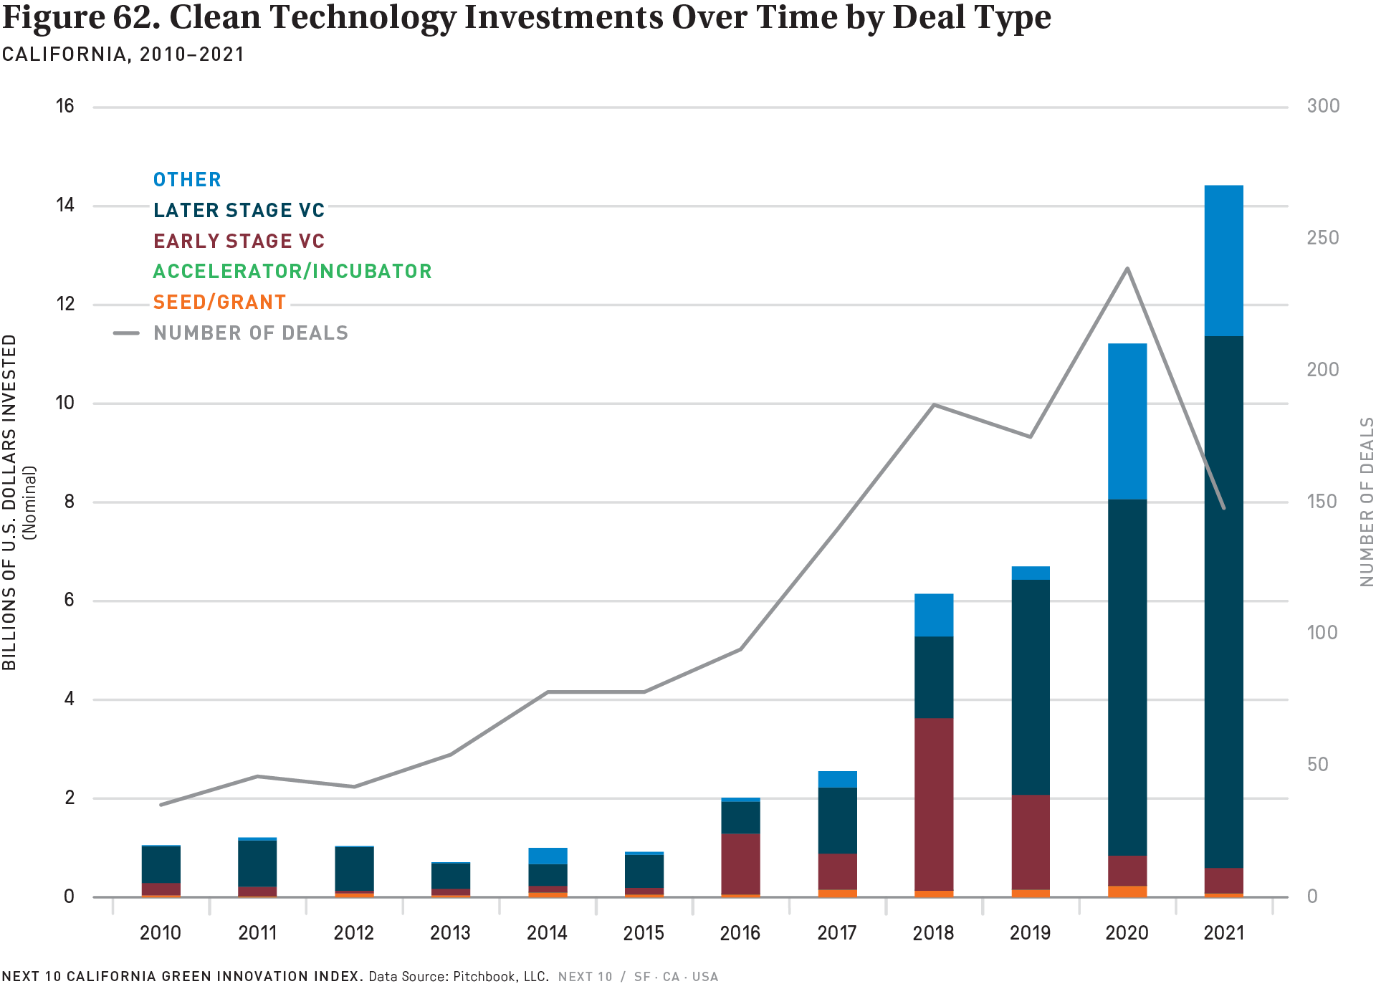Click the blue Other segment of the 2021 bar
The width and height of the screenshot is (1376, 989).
[1223, 260]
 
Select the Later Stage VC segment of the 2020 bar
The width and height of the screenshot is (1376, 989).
[1127, 677]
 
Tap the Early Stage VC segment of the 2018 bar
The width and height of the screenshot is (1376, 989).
[934, 804]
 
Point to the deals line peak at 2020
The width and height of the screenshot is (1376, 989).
[1127, 269]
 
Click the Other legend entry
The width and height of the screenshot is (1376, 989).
[187, 180]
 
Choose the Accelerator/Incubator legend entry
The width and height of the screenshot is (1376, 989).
[292, 272]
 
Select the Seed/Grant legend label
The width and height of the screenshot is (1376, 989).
[219, 302]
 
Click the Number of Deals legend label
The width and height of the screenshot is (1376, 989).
[251, 333]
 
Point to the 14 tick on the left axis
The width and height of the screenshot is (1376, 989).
[65, 206]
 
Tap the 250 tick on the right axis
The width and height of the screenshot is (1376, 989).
[1322, 238]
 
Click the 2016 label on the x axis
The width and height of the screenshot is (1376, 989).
[740, 933]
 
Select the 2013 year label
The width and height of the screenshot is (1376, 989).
[450, 933]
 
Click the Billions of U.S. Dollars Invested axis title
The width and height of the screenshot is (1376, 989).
[10, 502]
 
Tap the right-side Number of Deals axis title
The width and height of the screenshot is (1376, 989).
[1366, 502]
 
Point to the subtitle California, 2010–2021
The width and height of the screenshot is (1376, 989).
[123, 54]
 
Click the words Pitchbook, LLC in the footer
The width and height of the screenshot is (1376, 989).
[501, 977]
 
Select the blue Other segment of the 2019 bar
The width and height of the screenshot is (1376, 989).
[1030, 573]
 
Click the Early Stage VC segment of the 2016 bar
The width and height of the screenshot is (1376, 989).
[740, 864]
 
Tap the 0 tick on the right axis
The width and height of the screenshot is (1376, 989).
[1312, 897]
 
